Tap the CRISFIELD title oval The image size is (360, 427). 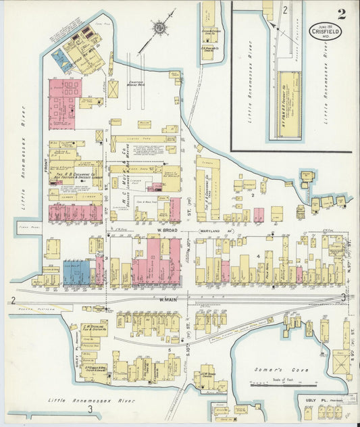(326, 30)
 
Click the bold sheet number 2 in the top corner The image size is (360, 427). (342, 13)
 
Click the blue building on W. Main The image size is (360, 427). (76, 272)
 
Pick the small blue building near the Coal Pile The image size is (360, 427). (61, 63)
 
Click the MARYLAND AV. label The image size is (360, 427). (215, 231)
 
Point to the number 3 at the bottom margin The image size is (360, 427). (90, 409)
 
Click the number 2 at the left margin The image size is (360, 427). (12, 299)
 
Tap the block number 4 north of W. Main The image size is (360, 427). (259, 256)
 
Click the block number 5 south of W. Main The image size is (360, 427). (170, 350)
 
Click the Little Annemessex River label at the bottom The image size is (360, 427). (91, 400)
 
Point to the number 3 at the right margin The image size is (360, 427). (344, 297)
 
